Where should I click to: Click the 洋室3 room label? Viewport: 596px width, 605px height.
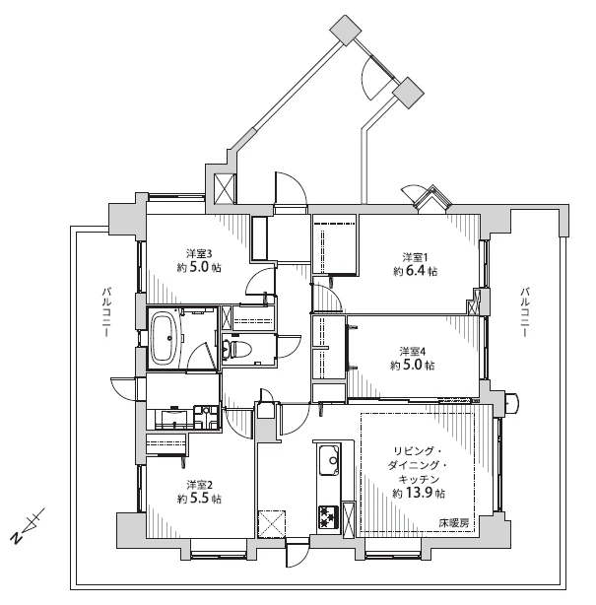click(199, 254)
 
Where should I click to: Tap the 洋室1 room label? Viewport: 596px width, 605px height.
click(416, 257)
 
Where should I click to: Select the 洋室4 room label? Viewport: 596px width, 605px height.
click(413, 352)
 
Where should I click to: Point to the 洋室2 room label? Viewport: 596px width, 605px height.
click(199, 485)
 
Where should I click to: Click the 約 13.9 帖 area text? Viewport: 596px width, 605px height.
click(419, 493)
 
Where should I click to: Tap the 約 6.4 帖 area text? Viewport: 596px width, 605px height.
click(416, 271)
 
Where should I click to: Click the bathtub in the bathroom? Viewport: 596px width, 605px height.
click(166, 338)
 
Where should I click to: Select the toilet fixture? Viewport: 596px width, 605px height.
click(237, 349)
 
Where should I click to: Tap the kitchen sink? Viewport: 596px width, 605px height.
click(329, 460)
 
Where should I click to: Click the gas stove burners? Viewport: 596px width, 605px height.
click(329, 517)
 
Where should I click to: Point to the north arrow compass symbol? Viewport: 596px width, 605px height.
click(27, 525)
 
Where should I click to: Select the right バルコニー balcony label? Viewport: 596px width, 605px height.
click(524, 311)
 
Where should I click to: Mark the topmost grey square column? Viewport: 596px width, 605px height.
click(346, 31)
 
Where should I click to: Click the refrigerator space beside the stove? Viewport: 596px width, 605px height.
click(350, 519)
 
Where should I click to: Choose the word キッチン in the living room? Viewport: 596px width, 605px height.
click(419, 479)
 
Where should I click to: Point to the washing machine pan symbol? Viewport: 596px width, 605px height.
click(206, 417)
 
